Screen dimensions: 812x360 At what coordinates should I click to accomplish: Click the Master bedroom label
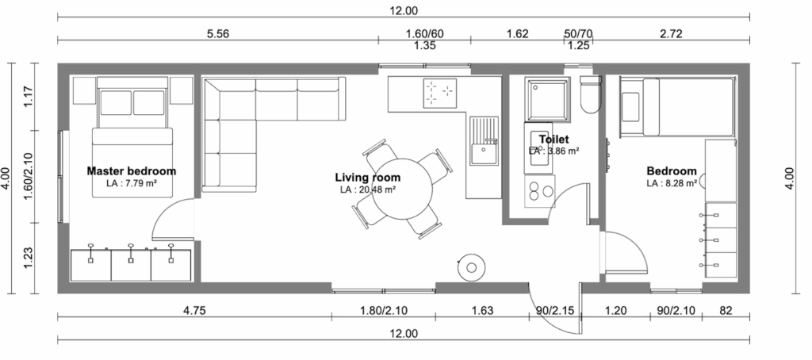132,171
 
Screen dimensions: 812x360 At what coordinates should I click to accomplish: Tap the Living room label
368,178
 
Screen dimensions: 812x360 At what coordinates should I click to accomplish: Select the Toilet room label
553,140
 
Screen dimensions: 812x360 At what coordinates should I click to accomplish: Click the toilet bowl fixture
590,94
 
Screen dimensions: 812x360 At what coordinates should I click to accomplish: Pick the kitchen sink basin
484,154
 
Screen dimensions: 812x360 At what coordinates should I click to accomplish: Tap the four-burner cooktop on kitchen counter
439,94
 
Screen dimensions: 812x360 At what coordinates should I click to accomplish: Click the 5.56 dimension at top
217,33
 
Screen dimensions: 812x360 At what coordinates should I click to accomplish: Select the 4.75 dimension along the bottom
195,311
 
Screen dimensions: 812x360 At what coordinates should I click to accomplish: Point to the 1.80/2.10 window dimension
383,311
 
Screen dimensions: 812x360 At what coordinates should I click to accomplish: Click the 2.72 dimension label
671,33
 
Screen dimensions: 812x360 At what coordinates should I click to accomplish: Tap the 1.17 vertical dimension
29,97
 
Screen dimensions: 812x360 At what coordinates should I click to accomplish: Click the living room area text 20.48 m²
368,190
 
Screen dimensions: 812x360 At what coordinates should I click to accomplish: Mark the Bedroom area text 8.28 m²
672,183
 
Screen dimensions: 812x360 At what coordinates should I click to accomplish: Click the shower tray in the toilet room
547,99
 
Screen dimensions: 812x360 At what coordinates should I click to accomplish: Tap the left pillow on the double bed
116,102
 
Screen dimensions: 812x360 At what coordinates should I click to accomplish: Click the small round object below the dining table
471,267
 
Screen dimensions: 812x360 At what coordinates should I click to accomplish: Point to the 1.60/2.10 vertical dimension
29,176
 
